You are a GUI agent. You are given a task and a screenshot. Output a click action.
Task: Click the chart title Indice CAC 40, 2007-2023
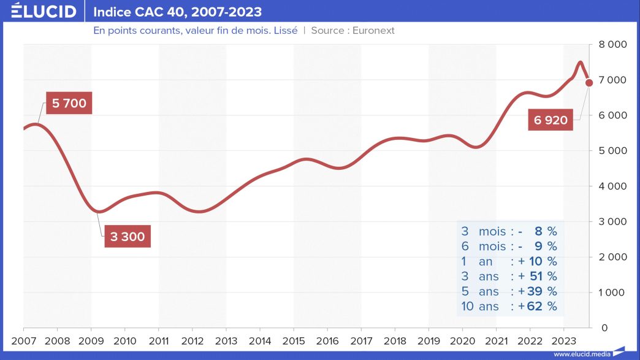pos(177,12)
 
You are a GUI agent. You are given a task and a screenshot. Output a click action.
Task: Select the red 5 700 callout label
pos(69,104)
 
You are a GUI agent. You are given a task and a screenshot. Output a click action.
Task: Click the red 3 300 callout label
pos(128,237)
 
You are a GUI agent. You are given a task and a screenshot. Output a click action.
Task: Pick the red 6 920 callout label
pos(550,120)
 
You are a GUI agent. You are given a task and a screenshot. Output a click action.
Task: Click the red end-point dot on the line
pos(589,82)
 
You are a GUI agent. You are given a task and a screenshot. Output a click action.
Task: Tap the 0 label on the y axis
pos(604,328)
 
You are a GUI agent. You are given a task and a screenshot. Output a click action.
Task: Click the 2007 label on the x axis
pos(23,340)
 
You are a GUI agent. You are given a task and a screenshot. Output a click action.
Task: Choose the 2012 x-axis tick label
pos(192,340)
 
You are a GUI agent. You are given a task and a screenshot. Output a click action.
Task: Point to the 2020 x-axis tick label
pos(462,340)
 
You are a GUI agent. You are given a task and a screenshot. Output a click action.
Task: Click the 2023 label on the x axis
pos(563,340)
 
